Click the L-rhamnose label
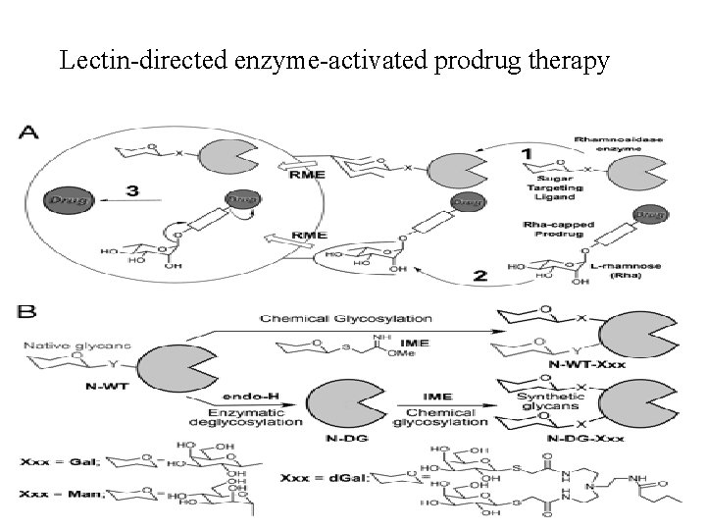click(627, 271)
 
